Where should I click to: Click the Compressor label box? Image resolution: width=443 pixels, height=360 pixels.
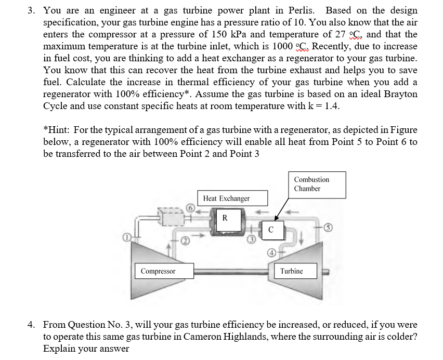[158, 271]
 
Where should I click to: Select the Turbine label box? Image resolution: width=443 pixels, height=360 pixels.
[291, 271]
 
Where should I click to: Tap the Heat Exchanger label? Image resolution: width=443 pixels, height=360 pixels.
[226, 198]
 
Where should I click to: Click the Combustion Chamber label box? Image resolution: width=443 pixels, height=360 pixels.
[317, 184]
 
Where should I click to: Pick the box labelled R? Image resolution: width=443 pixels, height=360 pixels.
[225, 218]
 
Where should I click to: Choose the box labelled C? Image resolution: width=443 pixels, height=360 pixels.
[271, 229]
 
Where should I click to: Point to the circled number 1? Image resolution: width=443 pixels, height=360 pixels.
[126, 237]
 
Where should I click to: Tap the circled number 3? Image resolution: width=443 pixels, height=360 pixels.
[251, 240]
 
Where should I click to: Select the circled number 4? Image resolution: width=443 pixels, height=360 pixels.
[271, 253]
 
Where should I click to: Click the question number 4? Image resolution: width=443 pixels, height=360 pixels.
[31, 325]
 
